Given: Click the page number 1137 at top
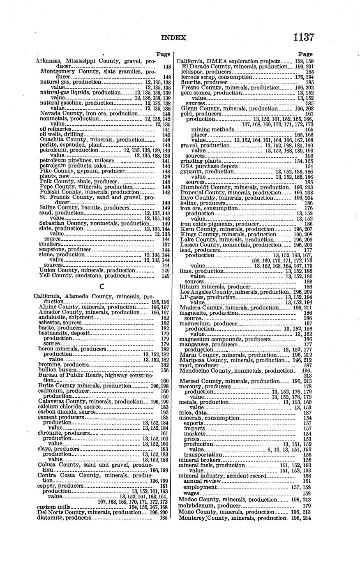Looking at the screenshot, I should click(x=304, y=37).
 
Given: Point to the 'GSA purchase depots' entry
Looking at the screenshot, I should click(x=209, y=166).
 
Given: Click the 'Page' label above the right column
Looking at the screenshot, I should click(x=305, y=54).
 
